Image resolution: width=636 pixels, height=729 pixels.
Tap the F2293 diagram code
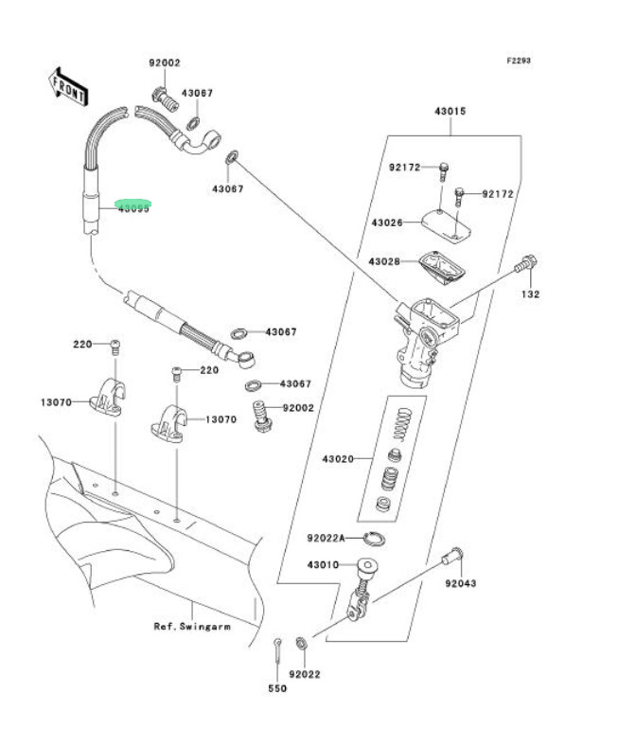click(518, 61)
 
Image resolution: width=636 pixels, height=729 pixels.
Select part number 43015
click(450, 112)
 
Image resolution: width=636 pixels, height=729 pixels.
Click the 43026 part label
click(387, 222)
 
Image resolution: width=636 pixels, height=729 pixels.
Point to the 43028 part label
click(385, 260)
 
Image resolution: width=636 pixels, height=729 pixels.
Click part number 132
click(529, 294)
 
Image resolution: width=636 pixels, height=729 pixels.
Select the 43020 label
click(337, 459)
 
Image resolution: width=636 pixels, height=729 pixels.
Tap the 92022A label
click(326, 538)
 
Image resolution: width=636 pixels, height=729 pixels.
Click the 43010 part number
click(324, 565)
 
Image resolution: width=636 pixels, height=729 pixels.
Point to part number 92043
click(461, 583)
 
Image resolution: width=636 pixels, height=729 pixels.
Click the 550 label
click(276, 688)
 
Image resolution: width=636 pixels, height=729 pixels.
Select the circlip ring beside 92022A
click(374, 539)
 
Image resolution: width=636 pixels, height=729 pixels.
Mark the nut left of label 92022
click(301, 644)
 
